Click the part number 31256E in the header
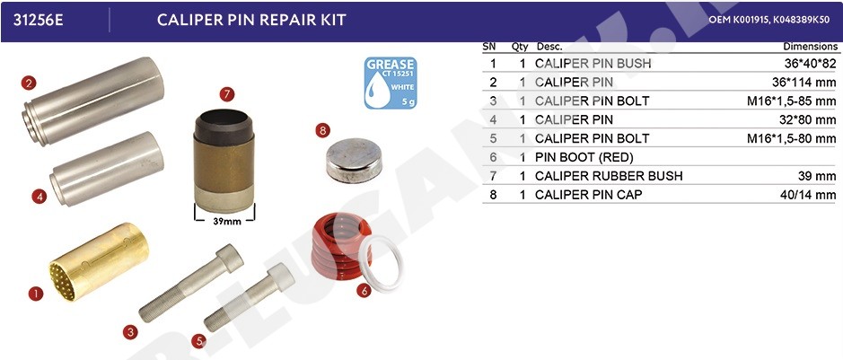click(38, 21)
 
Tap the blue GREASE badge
click(391, 83)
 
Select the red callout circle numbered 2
click(29, 83)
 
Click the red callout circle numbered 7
click(227, 94)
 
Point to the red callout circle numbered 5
click(199, 340)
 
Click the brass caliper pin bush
click(99, 260)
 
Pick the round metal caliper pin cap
click(355, 160)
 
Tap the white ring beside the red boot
click(382, 263)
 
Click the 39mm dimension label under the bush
click(224, 220)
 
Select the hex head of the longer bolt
click(230, 259)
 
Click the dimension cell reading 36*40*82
click(810, 64)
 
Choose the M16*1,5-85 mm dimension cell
click(792, 101)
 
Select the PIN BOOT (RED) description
click(584, 157)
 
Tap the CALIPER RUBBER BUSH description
click(609, 176)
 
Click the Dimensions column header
click(810, 47)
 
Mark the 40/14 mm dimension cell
click(808, 195)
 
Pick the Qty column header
click(520, 47)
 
